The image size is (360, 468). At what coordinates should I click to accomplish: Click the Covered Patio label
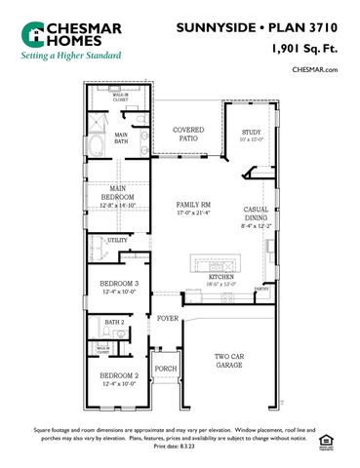[187, 134]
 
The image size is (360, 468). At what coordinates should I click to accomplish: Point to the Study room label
[253, 134]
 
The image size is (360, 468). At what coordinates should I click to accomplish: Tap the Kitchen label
[221, 280]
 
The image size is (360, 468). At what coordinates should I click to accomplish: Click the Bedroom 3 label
[117, 287]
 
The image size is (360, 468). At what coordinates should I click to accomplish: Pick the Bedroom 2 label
[117, 377]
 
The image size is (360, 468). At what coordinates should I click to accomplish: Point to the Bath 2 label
[114, 322]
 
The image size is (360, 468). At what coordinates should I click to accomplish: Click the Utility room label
[118, 240]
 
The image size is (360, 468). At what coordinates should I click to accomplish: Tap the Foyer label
[168, 317]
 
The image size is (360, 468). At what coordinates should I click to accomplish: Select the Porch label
[166, 369]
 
